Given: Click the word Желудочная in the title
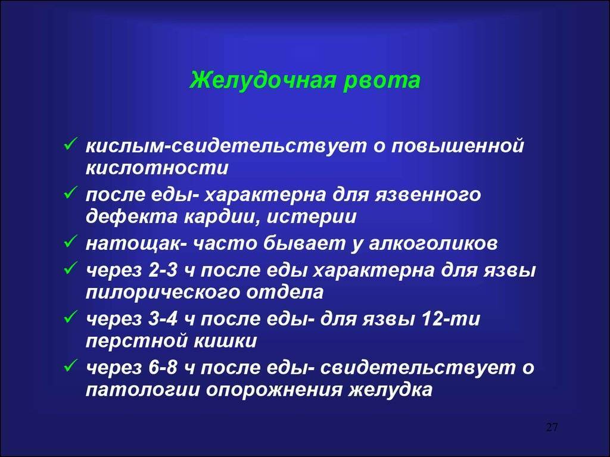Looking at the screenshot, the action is [262, 81].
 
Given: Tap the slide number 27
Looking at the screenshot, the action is [552, 427].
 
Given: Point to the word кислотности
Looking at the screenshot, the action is [157, 168].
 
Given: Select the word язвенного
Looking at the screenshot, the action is [428, 195].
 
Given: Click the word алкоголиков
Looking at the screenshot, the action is [433, 243].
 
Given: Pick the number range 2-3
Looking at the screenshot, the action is [163, 270].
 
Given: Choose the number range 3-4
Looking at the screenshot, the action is [163, 319].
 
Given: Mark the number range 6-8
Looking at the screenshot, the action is [163, 368].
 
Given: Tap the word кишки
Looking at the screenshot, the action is [225, 341].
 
